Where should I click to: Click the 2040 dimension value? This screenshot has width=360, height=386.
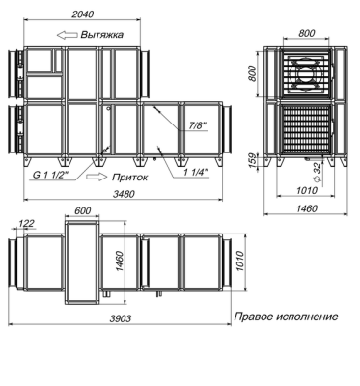click(83, 14)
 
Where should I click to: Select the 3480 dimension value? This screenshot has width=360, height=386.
click(124, 194)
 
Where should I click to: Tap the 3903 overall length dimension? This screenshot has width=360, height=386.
click(121, 318)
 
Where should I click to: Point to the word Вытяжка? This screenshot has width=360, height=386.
click(101, 35)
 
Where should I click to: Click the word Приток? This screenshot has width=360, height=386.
click(129, 177)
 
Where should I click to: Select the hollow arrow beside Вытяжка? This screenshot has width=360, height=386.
click(68, 35)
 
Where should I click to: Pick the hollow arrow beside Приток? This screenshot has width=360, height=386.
click(97, 177)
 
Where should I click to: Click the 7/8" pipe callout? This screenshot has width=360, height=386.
click(197, 125)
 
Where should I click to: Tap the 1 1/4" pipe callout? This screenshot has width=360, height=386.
click(196, 173)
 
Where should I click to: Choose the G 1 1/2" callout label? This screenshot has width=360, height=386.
click(51, 176)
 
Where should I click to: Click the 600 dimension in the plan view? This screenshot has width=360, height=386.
click(83, 210)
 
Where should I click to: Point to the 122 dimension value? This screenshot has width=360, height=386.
click(26, 223)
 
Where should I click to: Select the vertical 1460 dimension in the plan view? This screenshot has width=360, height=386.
click(119, 262)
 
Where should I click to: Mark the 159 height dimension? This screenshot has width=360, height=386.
click(253, 160)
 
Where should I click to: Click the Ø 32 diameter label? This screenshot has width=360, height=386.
click(317, 173)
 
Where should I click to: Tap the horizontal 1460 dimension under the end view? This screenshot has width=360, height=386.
click(306, 208)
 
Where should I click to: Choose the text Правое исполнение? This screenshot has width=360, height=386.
click(286, 317)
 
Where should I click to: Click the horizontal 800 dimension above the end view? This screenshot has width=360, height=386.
click(307, 33)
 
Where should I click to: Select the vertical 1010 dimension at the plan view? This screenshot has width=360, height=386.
click(240, 262)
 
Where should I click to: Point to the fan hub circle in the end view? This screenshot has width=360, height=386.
click(306, 73)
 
